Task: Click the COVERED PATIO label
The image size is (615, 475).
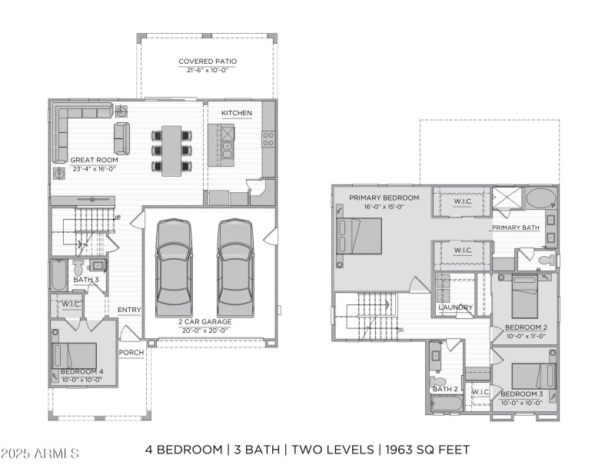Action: [208, 61]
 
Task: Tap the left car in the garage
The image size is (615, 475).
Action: [174, 267]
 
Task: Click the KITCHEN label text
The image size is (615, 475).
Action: [236, 113]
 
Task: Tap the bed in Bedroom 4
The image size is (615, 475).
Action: [75, 356]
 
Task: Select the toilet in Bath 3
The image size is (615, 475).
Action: [78, 267]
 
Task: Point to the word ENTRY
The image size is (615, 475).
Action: [129, 310]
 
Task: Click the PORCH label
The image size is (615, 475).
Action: [131, 353]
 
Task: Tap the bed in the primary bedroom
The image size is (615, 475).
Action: [359, 236]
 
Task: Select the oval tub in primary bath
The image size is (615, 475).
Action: [542, 198]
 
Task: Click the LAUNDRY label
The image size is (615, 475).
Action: [454, 307]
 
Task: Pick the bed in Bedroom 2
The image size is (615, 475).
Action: [525, 296]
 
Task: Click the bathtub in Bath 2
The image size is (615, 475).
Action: [445, 404]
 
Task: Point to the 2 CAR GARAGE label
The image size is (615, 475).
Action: [205, 321]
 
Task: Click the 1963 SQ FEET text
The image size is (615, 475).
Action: [426, 450]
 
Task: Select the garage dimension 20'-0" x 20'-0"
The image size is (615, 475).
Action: [205, 331]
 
